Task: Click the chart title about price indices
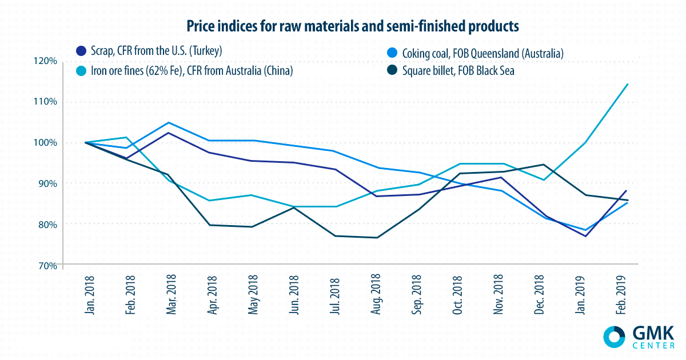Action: [342, 26]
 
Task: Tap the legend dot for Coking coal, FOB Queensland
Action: [393, 53]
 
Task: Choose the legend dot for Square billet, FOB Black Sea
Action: [393, 72]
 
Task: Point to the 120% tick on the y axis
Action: [45, 61]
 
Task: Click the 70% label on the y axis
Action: [45, 265]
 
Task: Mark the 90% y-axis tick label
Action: [45, 183]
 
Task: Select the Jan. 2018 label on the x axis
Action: [87, 294]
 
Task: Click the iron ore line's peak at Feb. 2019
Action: [628, 84]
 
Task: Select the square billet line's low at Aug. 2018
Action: [377, 238]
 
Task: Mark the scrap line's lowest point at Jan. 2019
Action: [586, 236]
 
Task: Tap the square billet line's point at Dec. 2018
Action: [544, 165]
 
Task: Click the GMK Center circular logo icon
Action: [615, 336]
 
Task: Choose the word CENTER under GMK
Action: [653, 345]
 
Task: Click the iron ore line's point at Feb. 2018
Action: [127, 137]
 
